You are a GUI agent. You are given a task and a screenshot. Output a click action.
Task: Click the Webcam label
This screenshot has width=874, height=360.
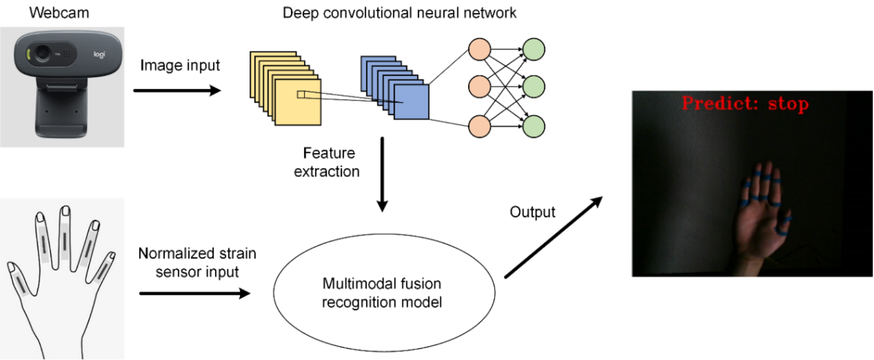click(59, 13)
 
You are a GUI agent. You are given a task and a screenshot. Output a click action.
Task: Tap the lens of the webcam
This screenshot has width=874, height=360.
click(43, 53)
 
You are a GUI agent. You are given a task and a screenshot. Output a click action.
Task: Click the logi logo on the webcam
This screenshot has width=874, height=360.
click(99, 54)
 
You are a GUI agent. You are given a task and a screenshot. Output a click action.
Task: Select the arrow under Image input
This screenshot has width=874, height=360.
click(177, 91)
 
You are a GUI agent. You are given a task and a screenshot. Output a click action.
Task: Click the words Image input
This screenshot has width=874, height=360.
click(180, 66)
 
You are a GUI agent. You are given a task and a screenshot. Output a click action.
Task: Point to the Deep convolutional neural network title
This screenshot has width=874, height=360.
click(399, 13)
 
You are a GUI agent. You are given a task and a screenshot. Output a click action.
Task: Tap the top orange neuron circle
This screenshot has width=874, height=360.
click(479, 49)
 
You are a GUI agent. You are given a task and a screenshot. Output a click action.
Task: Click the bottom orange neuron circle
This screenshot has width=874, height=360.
click(479, 126)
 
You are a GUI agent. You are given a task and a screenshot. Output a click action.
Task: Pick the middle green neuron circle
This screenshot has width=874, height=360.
click(534, 87)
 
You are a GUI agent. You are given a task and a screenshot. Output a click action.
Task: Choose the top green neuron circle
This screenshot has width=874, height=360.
click(534, 49)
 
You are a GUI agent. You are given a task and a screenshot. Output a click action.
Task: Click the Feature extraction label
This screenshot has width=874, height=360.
click(327, 162)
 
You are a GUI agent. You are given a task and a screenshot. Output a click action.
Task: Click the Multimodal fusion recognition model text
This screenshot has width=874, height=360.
click(382, 293)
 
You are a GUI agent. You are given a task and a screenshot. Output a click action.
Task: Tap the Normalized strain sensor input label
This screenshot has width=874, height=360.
click(197, 263)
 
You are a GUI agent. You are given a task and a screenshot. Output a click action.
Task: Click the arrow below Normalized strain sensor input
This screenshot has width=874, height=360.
click(194, 293)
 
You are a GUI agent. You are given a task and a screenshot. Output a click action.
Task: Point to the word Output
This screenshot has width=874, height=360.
click(532, 212)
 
